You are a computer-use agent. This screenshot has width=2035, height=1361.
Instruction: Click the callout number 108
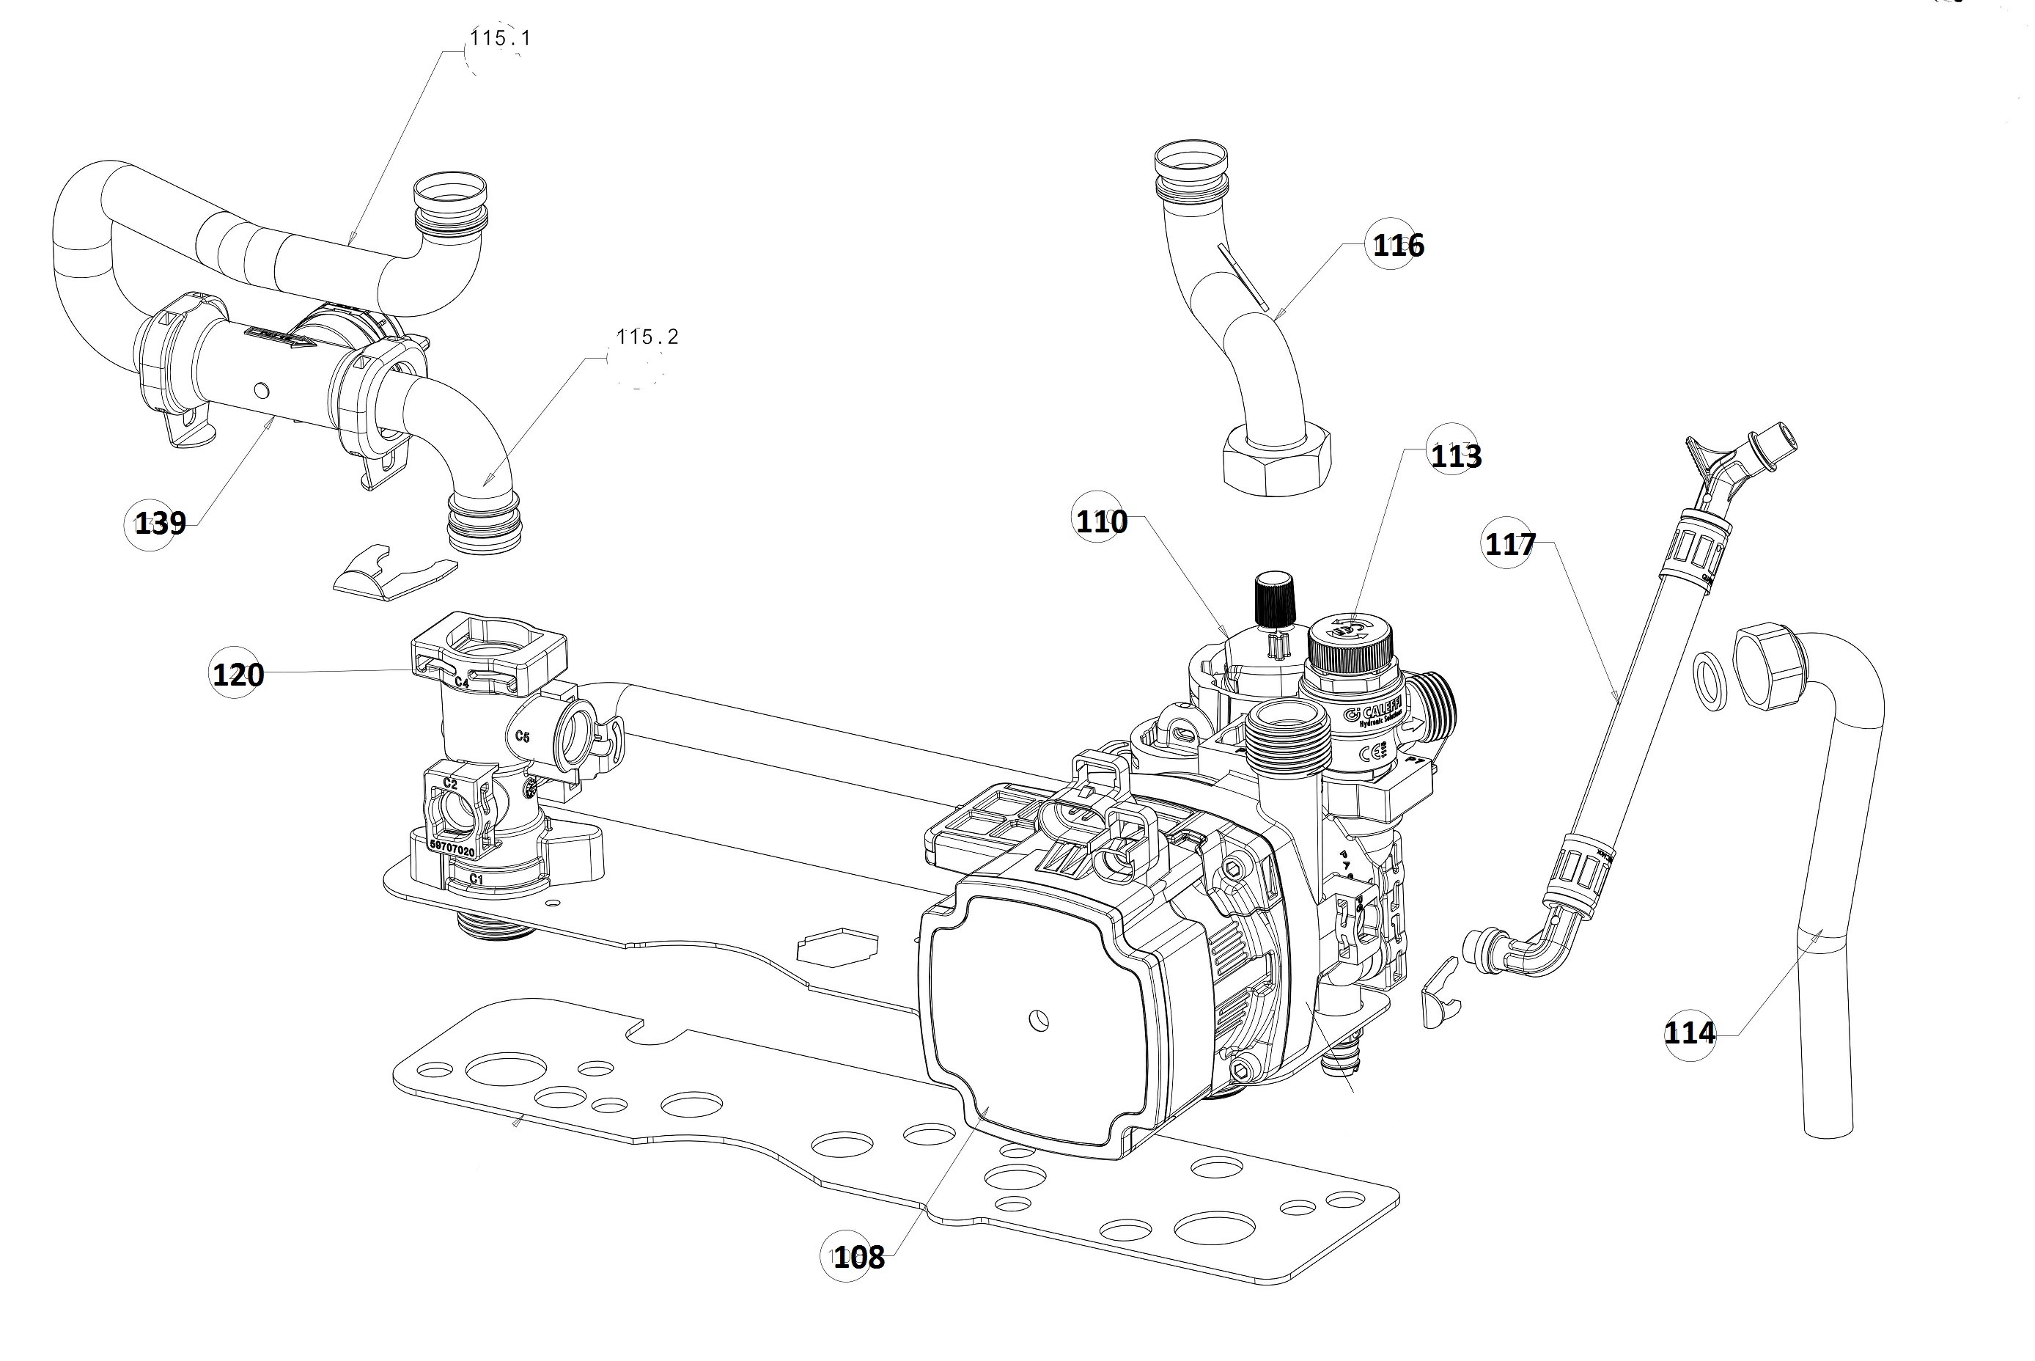point(858,1257)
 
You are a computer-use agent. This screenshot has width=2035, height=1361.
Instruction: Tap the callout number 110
point(1101,521)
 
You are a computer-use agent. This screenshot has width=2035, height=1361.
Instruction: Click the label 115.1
point(500,38)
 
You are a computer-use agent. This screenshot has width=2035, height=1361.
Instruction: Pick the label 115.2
point(647,337)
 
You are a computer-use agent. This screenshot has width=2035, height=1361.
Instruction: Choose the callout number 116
point(1398,246)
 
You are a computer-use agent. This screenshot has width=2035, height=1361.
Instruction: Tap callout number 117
point(1510,544)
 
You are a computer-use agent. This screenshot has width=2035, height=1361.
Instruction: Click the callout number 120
point(238,675)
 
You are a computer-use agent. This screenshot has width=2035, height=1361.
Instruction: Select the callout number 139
point(161,524)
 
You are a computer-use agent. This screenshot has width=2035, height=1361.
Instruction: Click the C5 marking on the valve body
point(523,737)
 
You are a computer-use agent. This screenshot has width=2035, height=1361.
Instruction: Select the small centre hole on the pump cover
point(1037,1021)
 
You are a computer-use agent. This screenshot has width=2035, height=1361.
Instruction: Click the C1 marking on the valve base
point(476,879)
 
